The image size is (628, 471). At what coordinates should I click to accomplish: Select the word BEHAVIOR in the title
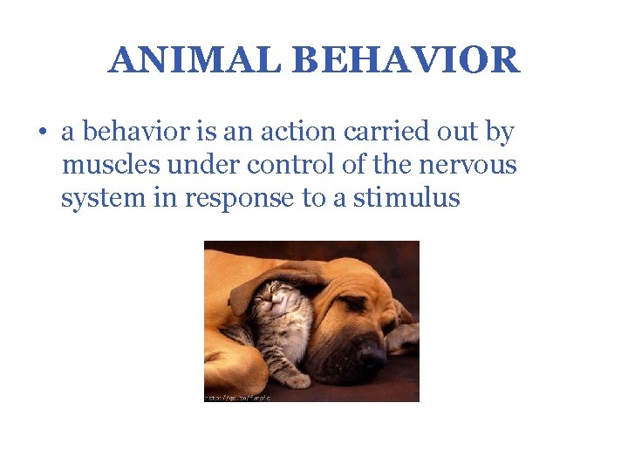[x=406, y=61]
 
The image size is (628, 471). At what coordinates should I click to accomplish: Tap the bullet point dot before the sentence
[x=42, y=133]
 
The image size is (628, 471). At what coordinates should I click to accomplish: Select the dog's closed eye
[x=354, y=302]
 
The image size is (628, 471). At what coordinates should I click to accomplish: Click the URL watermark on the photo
[x=237, y=396]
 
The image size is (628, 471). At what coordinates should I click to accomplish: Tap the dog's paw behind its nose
[x=402, y=336]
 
